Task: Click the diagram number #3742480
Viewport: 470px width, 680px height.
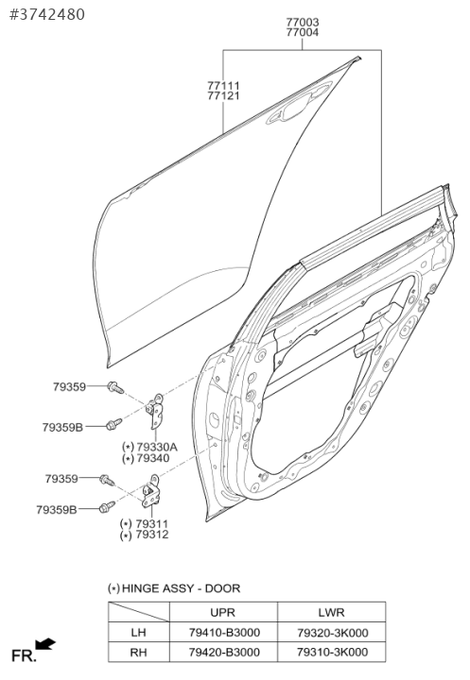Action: point(47,14)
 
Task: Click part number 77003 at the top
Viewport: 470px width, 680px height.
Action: point(303,22)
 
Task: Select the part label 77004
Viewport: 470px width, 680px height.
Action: point(303,32)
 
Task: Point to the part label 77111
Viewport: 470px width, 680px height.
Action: point(223,85)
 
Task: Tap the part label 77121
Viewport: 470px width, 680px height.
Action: point(223,95)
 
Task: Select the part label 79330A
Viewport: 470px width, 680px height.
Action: point(157,447)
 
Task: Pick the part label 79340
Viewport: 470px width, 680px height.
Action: point(153,458)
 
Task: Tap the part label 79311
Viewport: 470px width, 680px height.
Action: point(151,523)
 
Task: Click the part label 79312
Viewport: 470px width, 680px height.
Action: point(151,535)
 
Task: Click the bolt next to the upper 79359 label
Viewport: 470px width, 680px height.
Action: point(115,387)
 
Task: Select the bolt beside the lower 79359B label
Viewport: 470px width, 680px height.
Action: point(107,507)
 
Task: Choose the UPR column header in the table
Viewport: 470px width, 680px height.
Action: point(222,612)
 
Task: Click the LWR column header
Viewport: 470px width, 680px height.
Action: point(331,612)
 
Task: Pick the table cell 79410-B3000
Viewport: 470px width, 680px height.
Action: point(224,632)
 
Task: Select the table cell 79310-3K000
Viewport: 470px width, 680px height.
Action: point(332,652)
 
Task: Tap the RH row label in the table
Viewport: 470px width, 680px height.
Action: point(138,652)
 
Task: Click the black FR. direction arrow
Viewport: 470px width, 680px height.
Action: point(45,644)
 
